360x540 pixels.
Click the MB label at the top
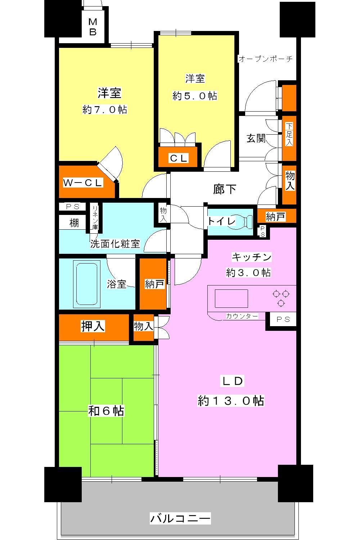[93, 27]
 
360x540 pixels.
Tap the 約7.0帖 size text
[105, 109]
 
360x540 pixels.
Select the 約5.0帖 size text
[195, 96]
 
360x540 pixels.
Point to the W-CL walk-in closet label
[83, 183]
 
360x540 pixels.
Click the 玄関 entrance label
[256, 138]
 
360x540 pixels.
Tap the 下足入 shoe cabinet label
[289, 134]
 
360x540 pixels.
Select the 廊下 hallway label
[225, 189]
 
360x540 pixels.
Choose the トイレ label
[221, 221]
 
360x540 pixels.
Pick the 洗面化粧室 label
[115, 244]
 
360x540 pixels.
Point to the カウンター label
[242, 316]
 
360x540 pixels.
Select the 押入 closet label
[93, 326]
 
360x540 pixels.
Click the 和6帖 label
[106, 410]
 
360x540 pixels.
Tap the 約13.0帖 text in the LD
[231, 400]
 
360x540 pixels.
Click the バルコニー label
[180, 518]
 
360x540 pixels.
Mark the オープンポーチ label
[266, 59]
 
